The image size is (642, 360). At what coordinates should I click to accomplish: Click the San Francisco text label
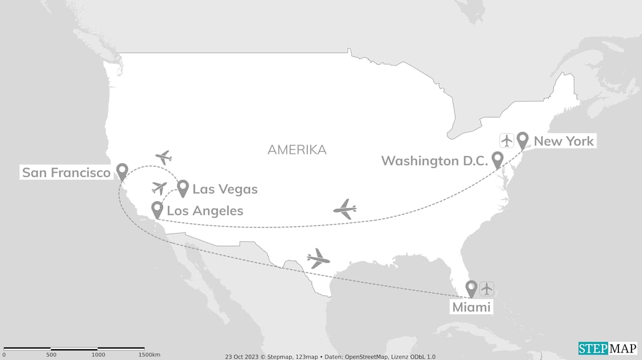click(66, 173)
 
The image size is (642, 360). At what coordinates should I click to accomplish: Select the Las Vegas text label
click(225, 189)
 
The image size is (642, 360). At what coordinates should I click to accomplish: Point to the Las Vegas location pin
click(183, 188)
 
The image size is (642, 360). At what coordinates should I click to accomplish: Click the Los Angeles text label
click(205, 211)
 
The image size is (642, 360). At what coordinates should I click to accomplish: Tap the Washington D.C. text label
click(434, 161)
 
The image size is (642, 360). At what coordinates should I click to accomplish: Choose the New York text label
click(564, 141)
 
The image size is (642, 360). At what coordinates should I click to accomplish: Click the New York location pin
click(523, 140)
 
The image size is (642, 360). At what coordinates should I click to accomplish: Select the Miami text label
click(471, 307)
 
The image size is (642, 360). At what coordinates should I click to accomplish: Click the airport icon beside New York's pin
click(507, 141)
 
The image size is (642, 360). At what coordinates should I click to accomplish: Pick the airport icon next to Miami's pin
click(487, 289)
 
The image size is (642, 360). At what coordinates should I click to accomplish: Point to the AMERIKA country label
click(297, 149)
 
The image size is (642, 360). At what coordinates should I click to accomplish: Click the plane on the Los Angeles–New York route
click(345, 209)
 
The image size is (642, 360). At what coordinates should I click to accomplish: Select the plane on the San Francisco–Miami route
click(318, 259)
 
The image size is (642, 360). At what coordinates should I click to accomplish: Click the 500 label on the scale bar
click(51, 355)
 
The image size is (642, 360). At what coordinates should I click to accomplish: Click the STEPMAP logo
click(607, 348)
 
